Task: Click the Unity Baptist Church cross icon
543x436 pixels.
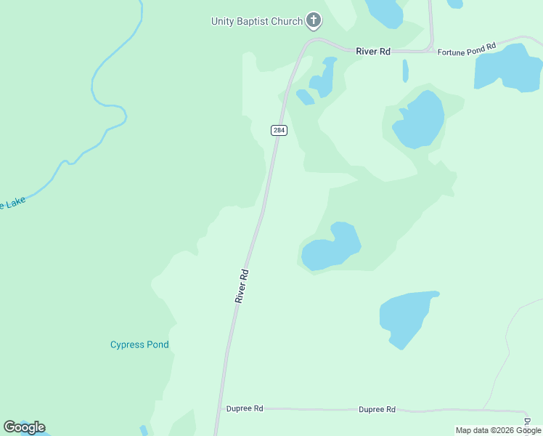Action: pos(314,20)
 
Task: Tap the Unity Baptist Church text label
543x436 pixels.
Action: pos(256,21)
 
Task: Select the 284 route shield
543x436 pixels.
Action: pos(279,130)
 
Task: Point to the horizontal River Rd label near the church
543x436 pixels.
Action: pos(373,51)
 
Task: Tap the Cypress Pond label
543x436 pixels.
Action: pos(139,344)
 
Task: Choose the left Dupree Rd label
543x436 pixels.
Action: pos(245,408)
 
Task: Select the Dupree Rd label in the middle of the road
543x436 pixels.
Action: pos(377,409)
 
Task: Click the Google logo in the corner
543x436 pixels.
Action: pos(25,427)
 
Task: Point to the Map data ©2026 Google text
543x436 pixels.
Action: pos(498,430)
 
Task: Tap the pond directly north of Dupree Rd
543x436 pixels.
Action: pos(405,317)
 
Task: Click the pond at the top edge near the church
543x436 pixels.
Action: pos(384,12)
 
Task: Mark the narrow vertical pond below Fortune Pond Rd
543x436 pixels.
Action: pos(405,70)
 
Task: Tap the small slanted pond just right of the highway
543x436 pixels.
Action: pos(305,97)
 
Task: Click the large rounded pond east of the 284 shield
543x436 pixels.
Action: pos(420,120)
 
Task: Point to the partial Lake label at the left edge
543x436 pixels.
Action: pos(12,204)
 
